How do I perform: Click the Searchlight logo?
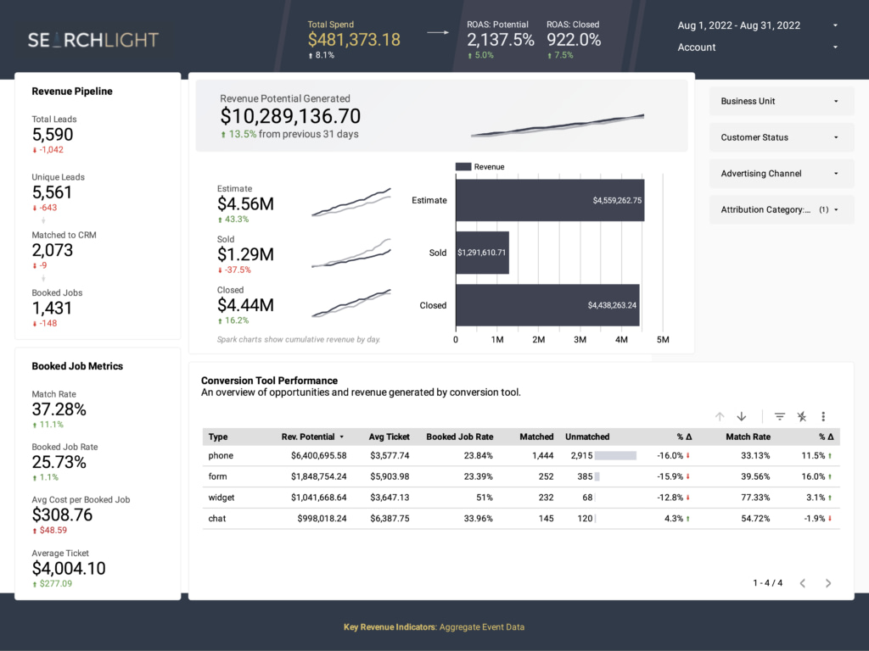[x=93, y=40]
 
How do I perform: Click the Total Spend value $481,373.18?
[x=354, y=39]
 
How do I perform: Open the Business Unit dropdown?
[x=781, y=101]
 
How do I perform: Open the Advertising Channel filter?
[x=781, y=174]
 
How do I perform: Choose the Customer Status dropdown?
[x=781, y=137]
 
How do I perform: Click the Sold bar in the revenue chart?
[x=482, y=253]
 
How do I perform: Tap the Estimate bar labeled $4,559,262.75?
[x=549, y=201]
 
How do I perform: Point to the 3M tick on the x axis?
[x=580, y=340]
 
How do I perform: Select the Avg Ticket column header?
[x=389, y=437]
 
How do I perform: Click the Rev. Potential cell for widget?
[x=318, y=498]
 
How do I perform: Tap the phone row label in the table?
[x=221, y=456]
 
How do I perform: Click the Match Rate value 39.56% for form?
[x=749, y=476]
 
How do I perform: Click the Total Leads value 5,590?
[x=53, y=135]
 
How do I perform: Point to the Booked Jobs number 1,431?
[x=53, y=309]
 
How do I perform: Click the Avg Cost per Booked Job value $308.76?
[x=62, y=515]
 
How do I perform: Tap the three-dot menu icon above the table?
[x=823, y=416]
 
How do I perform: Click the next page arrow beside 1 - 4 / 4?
[x=828, y=583]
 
